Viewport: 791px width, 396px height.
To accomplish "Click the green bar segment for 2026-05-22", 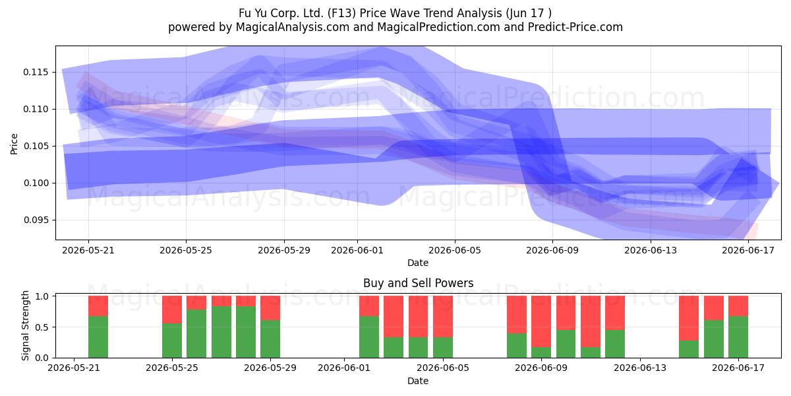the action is [x=98, y=337].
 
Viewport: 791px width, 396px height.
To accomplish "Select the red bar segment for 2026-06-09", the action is [x=541, y=321].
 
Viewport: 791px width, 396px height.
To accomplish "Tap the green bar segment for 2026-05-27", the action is [x=221, y=332].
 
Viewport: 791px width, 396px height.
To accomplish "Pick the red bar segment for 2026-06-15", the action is [x=689, y=318].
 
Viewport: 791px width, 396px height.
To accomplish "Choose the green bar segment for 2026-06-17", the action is [x=738, y=337].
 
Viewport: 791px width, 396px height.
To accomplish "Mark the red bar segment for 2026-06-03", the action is [x=394, y=316].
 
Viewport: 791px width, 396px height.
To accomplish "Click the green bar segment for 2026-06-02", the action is [x=369, y=337].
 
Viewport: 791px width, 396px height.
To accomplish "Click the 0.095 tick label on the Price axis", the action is [x=36, y=220].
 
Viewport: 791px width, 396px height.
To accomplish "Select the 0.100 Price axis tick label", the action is [x=36, y=183].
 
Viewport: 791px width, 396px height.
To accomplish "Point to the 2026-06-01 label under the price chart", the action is [x=357, y=250].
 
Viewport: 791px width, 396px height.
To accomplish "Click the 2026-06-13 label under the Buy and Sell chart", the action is [x=640, y=368].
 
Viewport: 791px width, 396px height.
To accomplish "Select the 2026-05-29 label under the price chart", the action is [x=284, y=250].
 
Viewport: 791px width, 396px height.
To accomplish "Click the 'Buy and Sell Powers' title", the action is [x=418, y=283].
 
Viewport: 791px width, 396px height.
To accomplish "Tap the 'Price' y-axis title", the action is [x=14, y=144].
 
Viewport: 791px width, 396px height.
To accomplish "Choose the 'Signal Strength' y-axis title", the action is [x=25, y=325].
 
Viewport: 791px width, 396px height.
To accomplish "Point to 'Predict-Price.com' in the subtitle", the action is [x=575, y=27].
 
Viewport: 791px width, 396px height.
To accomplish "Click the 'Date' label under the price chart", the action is [x=418, y=263].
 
